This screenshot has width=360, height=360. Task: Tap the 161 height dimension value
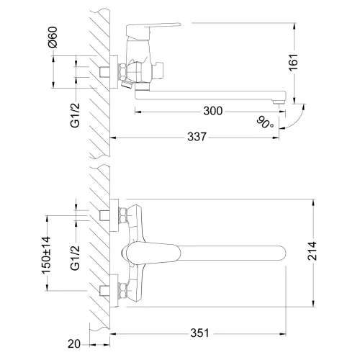[312, 64]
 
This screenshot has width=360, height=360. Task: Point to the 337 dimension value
[194, 137]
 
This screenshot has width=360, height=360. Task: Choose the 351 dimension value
[201, 333]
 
